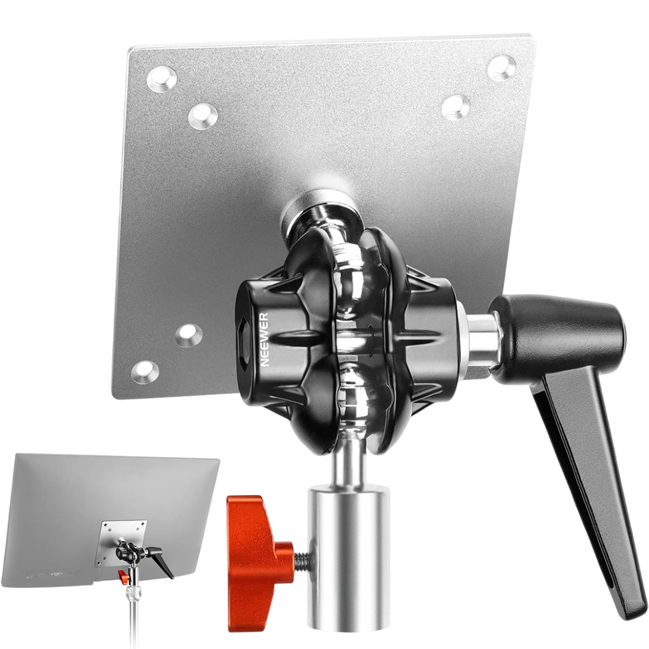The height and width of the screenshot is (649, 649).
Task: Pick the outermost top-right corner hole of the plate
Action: pos(501,68)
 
